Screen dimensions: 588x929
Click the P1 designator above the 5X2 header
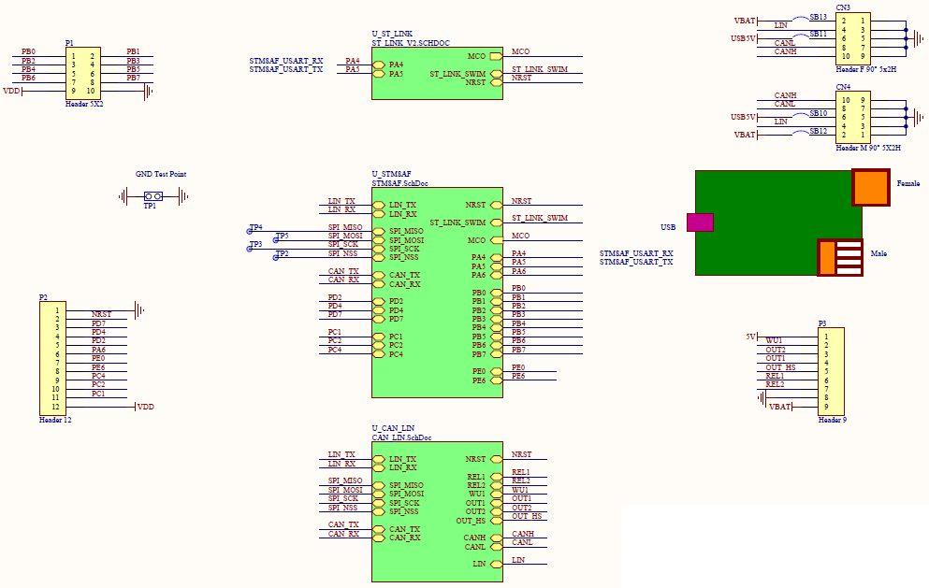click(x=70, y=43)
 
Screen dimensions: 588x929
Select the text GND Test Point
click(x=161, y=174)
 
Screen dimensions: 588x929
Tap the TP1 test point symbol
click(x=153, y=196)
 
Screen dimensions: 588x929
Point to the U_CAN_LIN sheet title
click(x=393, y=427)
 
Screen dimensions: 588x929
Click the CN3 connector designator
click(x=843, y=7)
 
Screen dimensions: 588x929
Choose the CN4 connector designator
click(x=843, y=87)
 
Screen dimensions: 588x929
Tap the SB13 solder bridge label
click(x=818, y=17)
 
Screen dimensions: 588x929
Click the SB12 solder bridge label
click(x=818, y=132)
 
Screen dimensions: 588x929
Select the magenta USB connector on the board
click(x=700, y=222)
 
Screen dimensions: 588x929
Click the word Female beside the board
click(x=907, y=183)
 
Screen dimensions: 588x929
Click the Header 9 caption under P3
click(x=831, y=420)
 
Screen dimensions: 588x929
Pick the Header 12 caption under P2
click(x=55, y=421)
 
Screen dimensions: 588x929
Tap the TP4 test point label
click(x=256, y=227)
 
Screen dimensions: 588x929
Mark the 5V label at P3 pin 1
click(x=750, y=337)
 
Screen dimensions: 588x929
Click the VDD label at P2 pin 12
click(x=145, y=408)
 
